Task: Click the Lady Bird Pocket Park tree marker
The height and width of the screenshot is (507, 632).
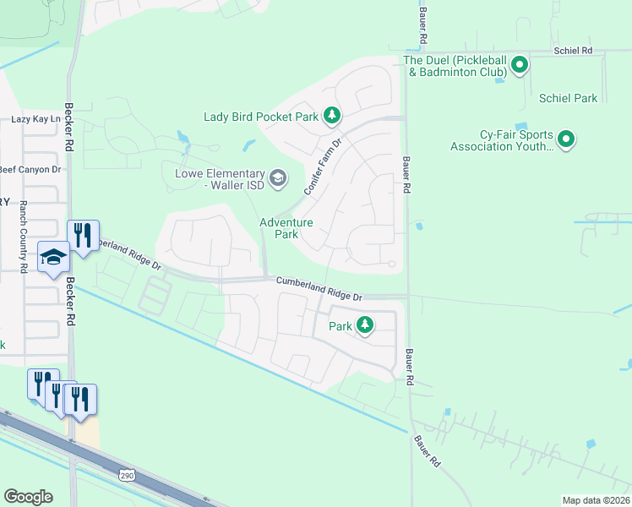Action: [x=333, y=116]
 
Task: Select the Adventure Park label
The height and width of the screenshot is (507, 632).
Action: [x=286, y=228]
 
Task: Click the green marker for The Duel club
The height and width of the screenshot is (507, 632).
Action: [x=520, y=64]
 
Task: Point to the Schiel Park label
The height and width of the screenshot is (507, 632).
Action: [x=568, y=99]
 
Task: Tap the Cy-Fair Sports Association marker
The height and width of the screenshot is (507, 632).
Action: [x=566, y=139]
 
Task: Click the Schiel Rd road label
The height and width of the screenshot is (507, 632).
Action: [x=574, y=51]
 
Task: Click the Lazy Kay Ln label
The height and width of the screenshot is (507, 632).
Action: [x=35, y=119]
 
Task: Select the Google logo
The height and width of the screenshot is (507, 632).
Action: [x=28, y=497]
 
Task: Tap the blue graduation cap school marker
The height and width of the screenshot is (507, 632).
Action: [x=53, y=257]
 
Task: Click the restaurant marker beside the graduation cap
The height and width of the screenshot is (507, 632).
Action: [x=83, y=235]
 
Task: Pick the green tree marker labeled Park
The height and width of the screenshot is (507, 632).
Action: [x=365, y=324]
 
